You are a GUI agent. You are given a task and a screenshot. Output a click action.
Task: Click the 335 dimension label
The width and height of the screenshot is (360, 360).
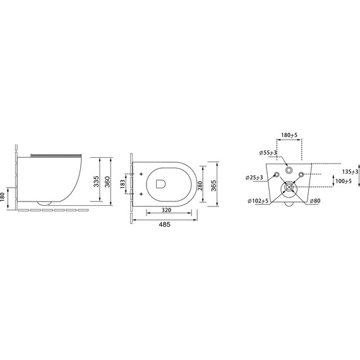click(x=97, y=181)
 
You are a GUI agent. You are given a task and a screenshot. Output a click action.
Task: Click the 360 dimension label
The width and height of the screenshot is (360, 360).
click(x=107, y=182)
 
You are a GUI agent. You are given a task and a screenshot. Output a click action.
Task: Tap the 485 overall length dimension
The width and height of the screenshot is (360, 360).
click(x=165, y=224)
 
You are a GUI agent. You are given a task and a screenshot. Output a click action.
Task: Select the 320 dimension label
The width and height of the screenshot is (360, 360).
click(x=167, y=210)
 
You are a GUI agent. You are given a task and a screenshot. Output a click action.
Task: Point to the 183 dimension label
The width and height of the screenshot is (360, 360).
click(x=123, y=184)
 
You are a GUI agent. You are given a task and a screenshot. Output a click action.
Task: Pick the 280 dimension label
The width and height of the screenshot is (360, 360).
click(x=200, y=186)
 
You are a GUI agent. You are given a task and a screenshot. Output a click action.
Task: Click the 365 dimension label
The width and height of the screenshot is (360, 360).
click(x=213, y=186)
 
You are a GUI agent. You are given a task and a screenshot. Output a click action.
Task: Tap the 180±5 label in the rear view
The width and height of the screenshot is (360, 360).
click(x=289, y=135)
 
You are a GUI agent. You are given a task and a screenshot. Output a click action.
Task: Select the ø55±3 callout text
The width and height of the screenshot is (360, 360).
click(x=268, y=152)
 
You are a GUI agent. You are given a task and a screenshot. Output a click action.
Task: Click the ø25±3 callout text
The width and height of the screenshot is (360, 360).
click(x=254, y=177)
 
